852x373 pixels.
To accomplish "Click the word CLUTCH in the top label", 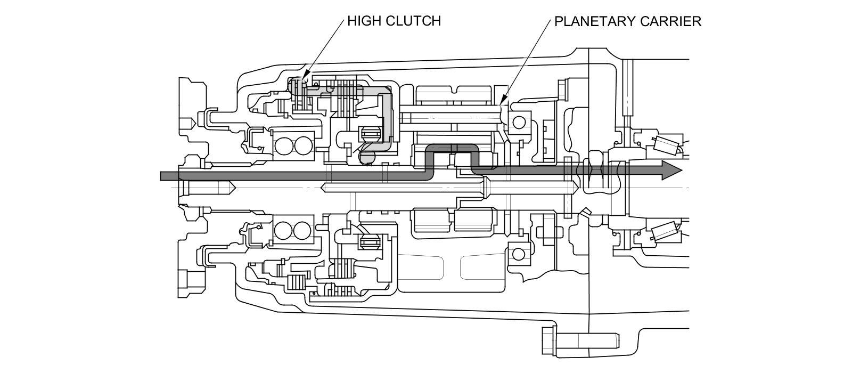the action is click(x=413, y=21).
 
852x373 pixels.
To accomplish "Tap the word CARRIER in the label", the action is click(x=670, y=21).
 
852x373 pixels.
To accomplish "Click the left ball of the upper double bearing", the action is click(x=284, y=145).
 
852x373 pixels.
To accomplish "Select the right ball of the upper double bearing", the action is click(x=303, y=145).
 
